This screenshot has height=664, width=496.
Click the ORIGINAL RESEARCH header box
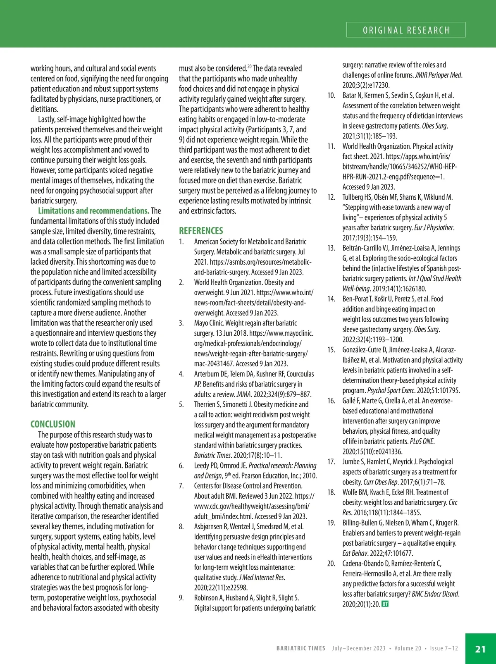tap(405, 30)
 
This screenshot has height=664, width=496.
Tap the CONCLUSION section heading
tap(53, 424)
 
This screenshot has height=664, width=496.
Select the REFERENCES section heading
tap(201, 231)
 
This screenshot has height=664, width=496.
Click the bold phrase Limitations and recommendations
tap(93, 210)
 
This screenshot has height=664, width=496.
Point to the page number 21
tap(480, 649)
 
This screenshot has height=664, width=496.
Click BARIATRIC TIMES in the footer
tap(301, 648)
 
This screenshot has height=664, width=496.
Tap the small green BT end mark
tap(385, 604)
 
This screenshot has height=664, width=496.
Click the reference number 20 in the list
tap(331, 564)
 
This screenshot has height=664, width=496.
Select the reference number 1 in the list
tap(181, 241)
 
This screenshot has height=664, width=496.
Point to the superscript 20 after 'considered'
tap(249, 67)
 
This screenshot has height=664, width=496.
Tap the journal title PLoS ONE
tap(422, 441)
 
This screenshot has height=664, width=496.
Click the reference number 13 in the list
tap(331, 248)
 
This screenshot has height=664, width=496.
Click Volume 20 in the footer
tap(408, 648)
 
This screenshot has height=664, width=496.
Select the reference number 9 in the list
tap(181, 598)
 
